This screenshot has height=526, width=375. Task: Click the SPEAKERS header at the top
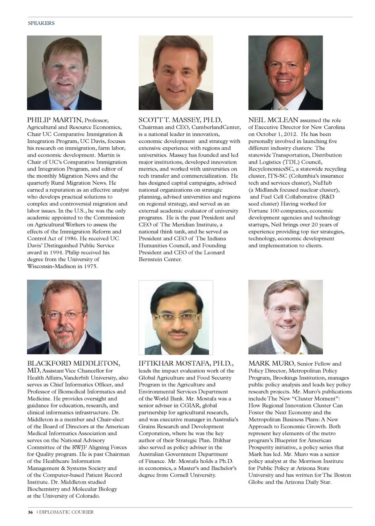pyautogui.click(x=41, y=23)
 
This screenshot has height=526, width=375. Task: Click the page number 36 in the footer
pyautogui.click(x=30, y=512)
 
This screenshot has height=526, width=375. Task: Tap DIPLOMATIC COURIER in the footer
pyautogui.click(x=66, y=512)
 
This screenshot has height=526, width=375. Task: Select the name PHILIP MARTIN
pyautogui.click(x=54, y=120)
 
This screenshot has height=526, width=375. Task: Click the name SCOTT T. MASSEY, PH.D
pyautogui.click(x=180, y=120)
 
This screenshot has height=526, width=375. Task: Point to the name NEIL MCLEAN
pyautogui.click(x=273, y=120)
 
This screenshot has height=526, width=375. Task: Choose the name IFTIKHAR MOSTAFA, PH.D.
pyautogui.click(x=186, y=363)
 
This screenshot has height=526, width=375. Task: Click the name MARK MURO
pyautogui.click(x=271, y=363)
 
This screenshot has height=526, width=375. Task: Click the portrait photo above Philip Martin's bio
pyautogui.click(x=64, y=73)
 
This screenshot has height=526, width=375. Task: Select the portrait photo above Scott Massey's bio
pyautogui.click(x=176, y=73)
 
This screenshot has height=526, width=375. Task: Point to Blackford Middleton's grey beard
pyautogui.click(x=64, y=336)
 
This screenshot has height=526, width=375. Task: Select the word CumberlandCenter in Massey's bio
pyautogui.click(x=221, y=127)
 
